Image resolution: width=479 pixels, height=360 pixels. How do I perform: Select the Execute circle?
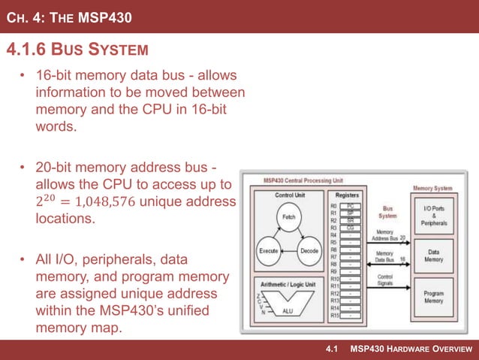pyautogui.click(x=269, y=250)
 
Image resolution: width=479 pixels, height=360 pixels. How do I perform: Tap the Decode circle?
pyautogui.click(x=309, y=250)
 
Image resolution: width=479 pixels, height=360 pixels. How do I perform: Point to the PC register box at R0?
pyautogui.click(x=351, y=205)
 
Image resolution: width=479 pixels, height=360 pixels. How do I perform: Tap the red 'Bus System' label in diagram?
pyautogui.click(x=388, y=212)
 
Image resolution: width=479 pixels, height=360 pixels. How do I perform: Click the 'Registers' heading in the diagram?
pyautogui.click(x=346, y=193)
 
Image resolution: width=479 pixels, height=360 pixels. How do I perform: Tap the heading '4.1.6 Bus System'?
pyautogui.click(x=76, y=51)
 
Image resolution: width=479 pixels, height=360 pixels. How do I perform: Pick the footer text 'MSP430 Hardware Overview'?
pyautogui.click(x=413, y=349)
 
